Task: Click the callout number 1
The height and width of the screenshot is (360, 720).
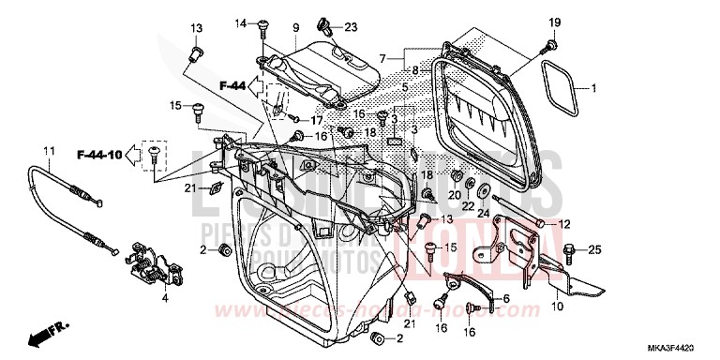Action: (593, 88)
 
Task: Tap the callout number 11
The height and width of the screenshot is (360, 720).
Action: (49, 150)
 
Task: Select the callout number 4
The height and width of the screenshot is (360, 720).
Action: (164, 299)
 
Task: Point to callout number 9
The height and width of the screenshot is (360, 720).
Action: (268, 26)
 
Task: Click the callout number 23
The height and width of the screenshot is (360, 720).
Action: (324, 26)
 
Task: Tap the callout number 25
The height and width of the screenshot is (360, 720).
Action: (595, 249)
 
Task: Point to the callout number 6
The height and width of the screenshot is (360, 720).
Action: (505, 299)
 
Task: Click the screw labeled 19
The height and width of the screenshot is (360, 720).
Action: (549, 44)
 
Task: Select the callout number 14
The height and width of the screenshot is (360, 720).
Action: (239, 22)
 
